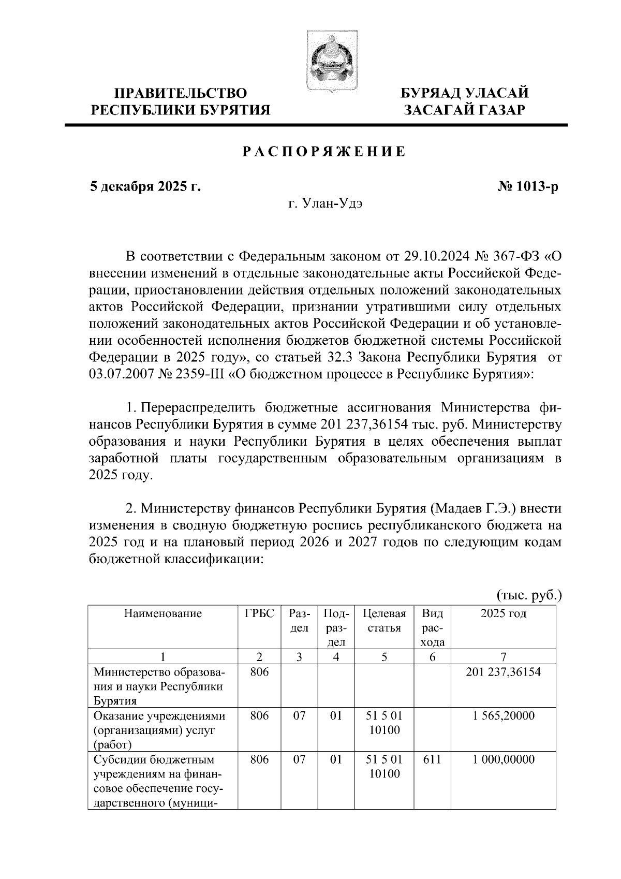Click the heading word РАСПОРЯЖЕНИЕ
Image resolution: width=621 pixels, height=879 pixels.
pyautogui.click(x=324, y=152)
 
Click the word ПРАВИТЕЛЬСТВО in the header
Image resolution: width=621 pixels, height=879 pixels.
pyautogui.click(x=181, y=94)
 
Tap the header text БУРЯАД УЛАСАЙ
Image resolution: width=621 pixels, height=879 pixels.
pyautogui.click(x=465, y=94)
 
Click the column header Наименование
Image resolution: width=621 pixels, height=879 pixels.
pyautogui.click(x=162, y=614)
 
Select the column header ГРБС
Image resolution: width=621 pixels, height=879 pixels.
pyautogui.click(x=259, y=614)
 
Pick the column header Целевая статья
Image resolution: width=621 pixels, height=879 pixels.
pyautogui.click(x=384, y=621)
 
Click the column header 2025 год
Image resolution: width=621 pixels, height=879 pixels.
pyautogui.click(x=503, y=614)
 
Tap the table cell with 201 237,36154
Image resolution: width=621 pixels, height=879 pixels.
pyautogui.click(x=503, y=672)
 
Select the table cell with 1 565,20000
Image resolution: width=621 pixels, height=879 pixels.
pyautogui.click(x=503, y=716)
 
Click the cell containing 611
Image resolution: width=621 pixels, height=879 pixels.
pyautogui.click(x=433, y=760)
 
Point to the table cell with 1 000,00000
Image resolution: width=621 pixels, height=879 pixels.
pyautogui.click(x=503, y=760)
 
